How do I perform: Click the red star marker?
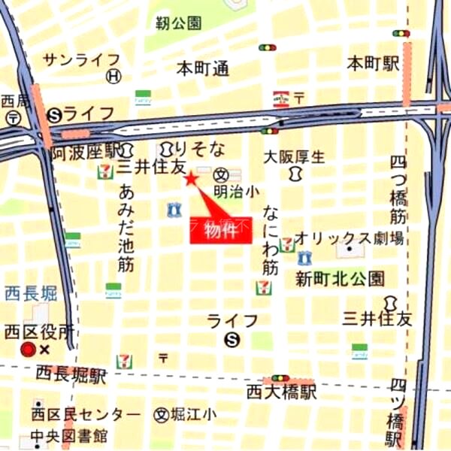coord(190,178)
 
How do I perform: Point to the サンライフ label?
coord(81,59)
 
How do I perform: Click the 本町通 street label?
coord(202,69)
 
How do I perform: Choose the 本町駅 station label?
coord(372,64)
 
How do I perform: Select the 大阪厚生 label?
coord(294,157)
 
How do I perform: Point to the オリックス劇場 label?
coord(349,238)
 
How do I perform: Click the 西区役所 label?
coord(39,331)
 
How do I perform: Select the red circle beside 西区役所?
coord(29,349)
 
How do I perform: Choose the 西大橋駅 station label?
coord(282,392)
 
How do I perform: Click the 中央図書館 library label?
coord(69,435)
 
